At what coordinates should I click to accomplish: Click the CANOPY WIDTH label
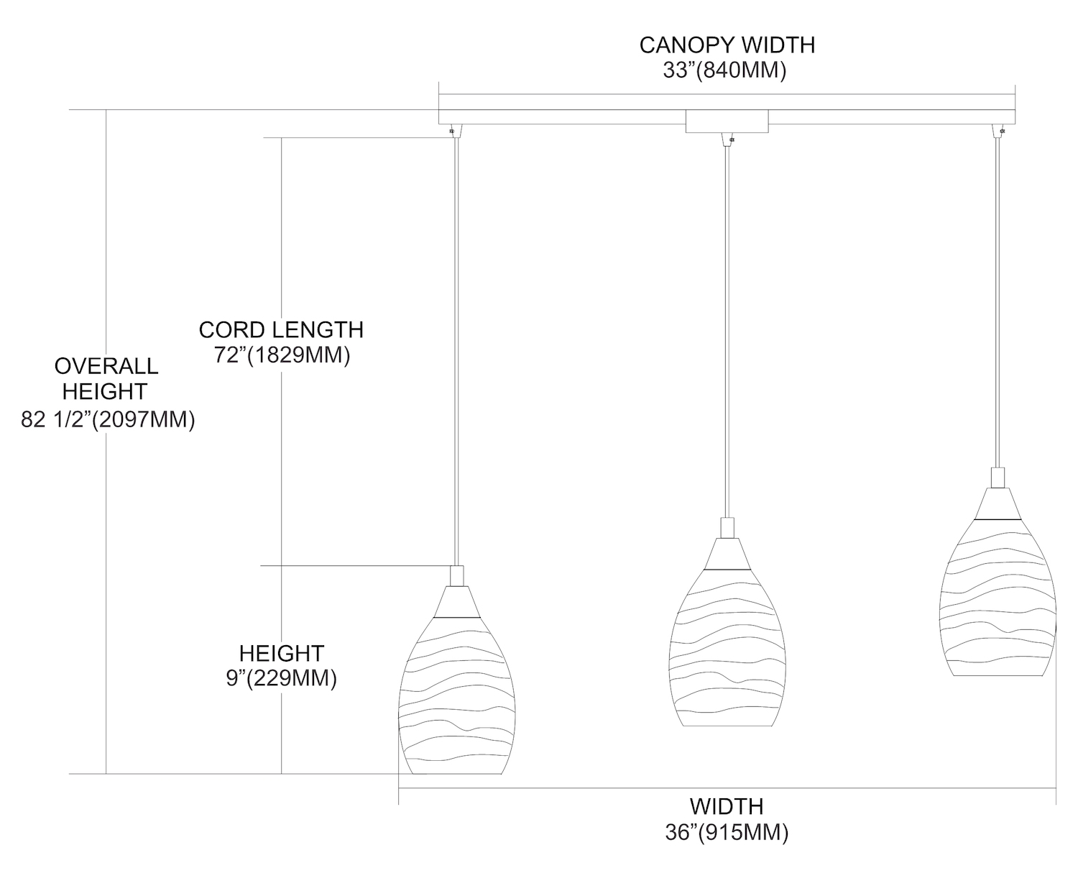tap(727, 45)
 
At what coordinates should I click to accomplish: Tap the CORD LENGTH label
tap(281, 329)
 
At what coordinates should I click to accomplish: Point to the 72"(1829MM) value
tap(281, 355)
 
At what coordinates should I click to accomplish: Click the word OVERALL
tap(106, 365)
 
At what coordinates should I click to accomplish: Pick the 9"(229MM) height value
tap(281, 678)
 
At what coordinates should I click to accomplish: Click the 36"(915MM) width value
tap(727, 832)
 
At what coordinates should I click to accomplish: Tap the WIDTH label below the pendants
tap(727, 805)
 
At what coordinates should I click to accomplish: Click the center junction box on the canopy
tap(727, 122)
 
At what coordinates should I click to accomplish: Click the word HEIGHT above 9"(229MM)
tap(281, 653)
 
